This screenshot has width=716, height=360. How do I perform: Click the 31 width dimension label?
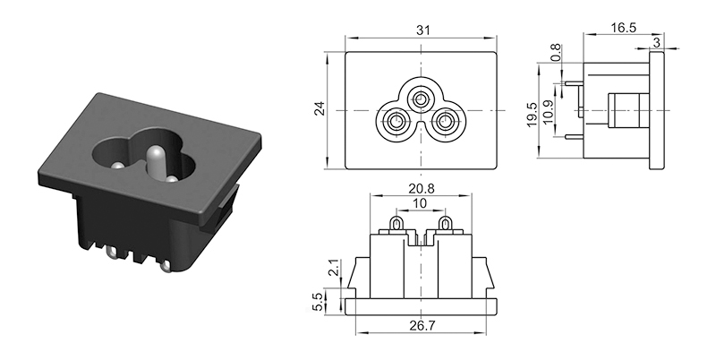pos(422,30)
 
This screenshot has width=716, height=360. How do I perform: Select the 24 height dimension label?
pos(320,108)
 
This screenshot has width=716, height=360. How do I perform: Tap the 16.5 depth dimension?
pos(623,28)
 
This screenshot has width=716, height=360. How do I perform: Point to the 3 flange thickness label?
pos(657,42)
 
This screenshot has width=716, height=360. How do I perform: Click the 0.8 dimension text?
pos(555,53)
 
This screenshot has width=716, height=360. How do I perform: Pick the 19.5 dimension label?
pos(532,115)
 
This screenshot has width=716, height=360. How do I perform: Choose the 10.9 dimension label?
pos(548,110)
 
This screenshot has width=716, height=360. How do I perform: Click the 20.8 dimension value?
pos(422,188)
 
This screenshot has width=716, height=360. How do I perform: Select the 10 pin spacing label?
pos(419,203)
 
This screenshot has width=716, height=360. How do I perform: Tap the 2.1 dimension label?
pos(334,267)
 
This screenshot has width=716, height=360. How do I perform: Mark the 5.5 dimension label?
pos(318,302)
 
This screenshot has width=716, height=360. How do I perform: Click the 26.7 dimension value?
pos(422,325)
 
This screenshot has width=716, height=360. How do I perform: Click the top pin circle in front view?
pos(421,98)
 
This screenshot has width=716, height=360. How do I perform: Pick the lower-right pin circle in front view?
pos(444,123)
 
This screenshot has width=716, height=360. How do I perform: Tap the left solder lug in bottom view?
pos(396,224)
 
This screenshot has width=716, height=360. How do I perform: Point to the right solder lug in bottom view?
pos(444,224)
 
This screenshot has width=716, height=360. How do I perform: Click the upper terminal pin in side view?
pos(575,83)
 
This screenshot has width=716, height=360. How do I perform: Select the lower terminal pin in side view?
pos(575,137)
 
